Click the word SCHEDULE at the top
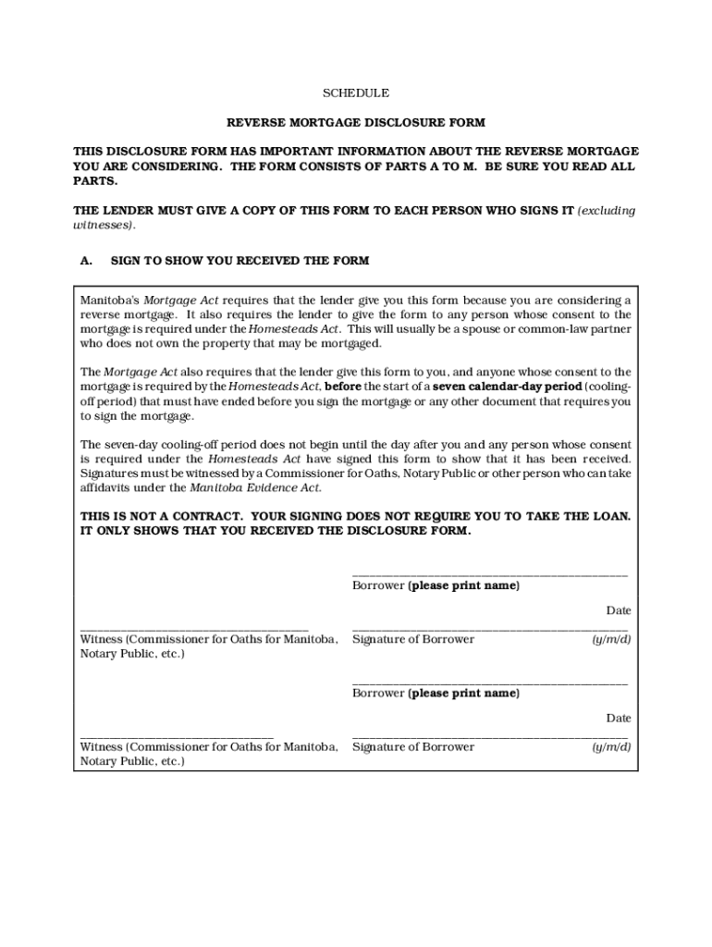point(355,93)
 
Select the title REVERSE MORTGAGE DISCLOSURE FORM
point(356,122)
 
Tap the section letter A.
point(86,261)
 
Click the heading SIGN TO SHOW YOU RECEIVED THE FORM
point(239,261)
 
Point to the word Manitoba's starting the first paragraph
point(109,301)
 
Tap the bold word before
point(342,386)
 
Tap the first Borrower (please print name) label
point(436,586)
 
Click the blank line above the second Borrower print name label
point(490,683)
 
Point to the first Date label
point(619,610)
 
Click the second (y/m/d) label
point(611,747)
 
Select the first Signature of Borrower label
point(413,640)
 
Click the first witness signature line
point(194,629)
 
